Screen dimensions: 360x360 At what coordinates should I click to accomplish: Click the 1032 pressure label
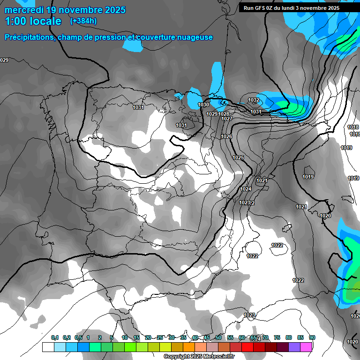tap(254, 100)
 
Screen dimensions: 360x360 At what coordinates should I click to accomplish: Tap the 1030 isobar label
tap(203, 105)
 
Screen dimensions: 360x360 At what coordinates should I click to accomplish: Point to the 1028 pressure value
tap(224, 114)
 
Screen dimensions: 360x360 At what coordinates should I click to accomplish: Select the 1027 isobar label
tap(227, 119)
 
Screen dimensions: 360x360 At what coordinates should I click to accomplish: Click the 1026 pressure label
tap(226, 137)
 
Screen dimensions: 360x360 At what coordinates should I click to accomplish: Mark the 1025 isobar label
tap(238, 158)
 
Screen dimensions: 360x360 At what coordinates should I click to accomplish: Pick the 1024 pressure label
tap(246, 189)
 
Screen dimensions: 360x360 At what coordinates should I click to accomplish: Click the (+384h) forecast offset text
tap(83, 21)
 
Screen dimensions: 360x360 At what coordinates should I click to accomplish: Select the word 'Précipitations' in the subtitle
tap(29, 37)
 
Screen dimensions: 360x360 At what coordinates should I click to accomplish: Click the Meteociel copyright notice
tap(199, 357)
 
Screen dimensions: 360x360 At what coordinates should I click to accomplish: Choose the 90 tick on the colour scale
tap(312, 337)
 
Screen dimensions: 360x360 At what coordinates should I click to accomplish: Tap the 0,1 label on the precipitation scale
tap(54, 337)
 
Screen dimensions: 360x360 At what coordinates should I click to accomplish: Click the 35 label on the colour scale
tap(183, 337)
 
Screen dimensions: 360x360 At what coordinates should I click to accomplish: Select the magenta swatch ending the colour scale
tap(306, 347)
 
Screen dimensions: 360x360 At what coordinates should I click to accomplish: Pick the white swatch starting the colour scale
tap(47, 347)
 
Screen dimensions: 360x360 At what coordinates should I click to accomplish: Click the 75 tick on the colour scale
tap(277, 337)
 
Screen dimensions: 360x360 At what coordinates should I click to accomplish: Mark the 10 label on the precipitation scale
tap(125, 337)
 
